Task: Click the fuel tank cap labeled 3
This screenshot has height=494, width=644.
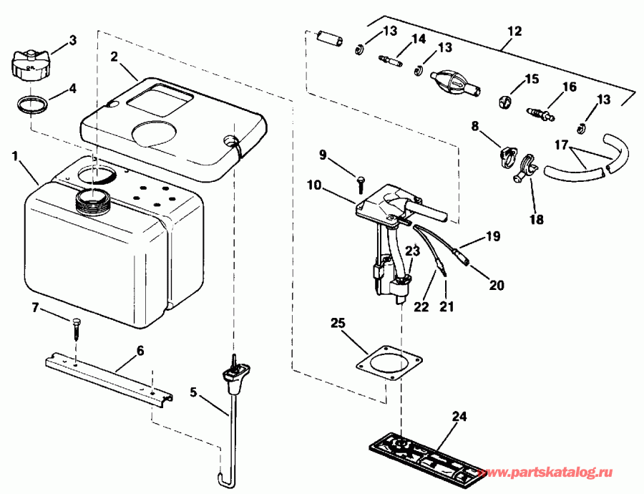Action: [30, 64]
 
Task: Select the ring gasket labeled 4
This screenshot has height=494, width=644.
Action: [33, 104]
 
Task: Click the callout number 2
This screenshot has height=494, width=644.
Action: [114, 55]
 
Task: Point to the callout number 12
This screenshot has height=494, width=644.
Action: [514, 32]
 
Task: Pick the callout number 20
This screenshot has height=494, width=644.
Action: [497, 285]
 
